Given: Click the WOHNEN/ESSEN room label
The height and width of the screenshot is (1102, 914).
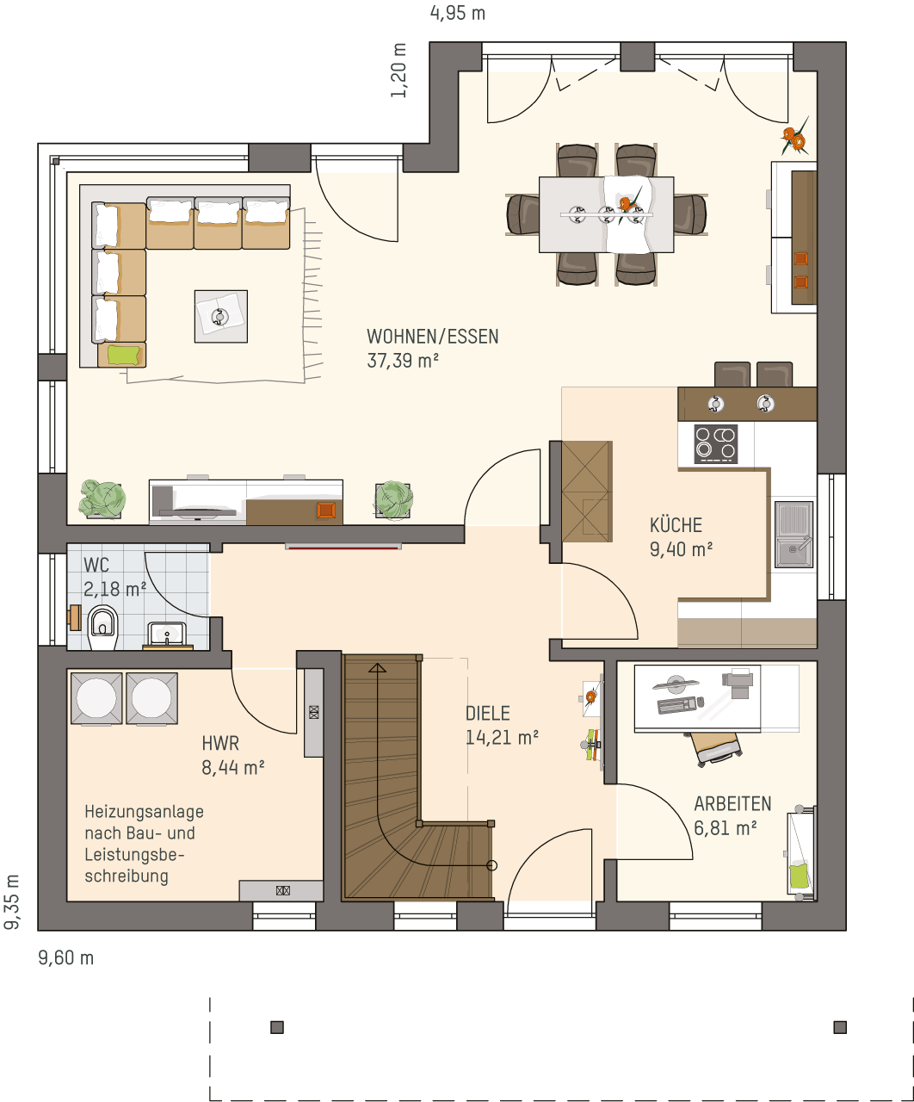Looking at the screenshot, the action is point(432,337).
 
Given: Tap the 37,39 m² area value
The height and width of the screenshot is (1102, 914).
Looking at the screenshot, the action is point(403,361).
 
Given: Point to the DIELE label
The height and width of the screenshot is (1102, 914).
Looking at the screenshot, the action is point(488,714).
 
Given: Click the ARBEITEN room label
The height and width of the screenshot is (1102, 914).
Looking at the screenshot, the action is point(732,804).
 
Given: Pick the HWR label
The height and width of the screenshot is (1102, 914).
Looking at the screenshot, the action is point(220,744).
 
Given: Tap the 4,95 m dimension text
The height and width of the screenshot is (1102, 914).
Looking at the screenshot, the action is point(458,13).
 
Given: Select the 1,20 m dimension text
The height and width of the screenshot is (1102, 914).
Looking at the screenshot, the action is point(399,71).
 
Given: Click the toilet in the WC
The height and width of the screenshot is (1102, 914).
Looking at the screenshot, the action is point(103,627).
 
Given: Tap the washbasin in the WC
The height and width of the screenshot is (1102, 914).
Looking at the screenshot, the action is point(167,635).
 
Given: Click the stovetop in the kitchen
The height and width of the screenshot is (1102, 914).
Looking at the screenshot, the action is point(715,444).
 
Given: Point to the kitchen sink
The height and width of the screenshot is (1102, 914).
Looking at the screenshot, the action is point(794,534).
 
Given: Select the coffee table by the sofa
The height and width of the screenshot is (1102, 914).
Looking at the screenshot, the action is point(220,316).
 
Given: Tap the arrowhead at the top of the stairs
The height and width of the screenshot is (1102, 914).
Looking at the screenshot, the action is point(377,667).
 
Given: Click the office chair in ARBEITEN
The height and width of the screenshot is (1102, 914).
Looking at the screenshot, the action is point(715,749).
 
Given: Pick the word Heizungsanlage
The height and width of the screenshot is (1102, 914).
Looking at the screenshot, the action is point(144,811).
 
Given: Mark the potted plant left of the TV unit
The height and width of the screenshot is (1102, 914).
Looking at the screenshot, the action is point(102,498).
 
